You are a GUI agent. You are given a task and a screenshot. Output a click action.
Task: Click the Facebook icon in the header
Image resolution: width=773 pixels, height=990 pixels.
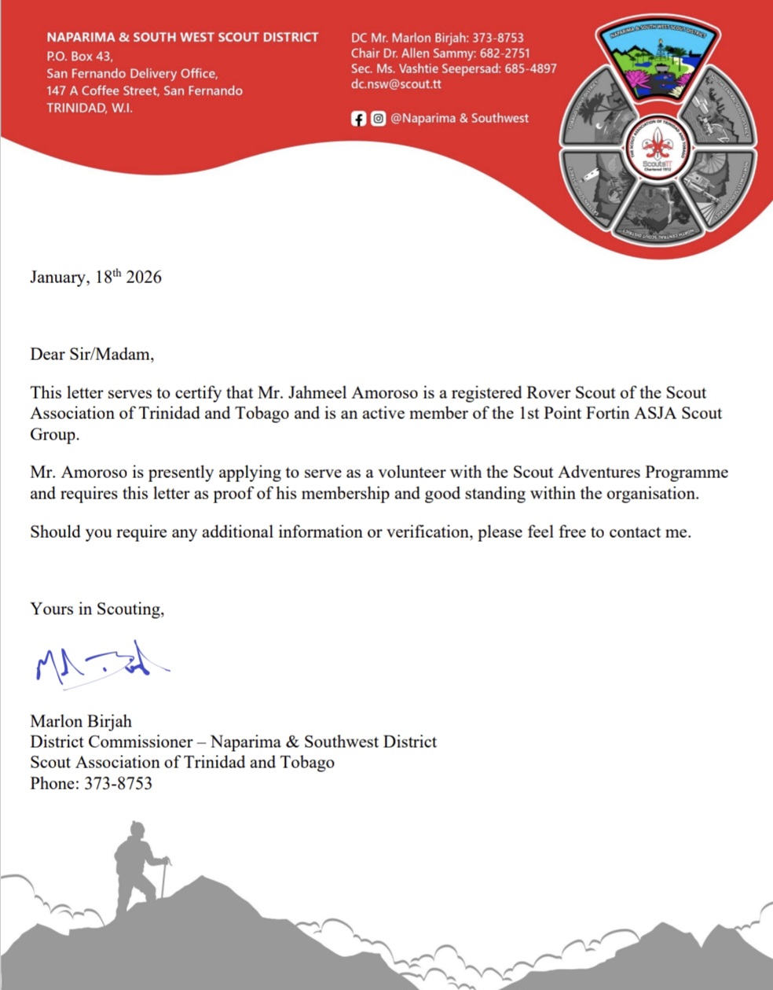pos(358,119)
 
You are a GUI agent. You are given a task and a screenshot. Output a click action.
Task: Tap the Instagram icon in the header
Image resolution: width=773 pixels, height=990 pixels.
pos(378,119)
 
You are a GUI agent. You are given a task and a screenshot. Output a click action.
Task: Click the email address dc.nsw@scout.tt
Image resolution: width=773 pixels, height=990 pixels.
pos(396,84)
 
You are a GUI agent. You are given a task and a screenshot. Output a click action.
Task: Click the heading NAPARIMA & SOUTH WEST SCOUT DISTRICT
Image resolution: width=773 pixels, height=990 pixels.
pos(182,37)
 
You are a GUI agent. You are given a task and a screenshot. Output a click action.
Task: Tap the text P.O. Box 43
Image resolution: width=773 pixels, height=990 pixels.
pos(79,56)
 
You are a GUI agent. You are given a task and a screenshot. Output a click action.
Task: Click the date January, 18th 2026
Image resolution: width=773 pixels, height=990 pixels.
pos(96,277)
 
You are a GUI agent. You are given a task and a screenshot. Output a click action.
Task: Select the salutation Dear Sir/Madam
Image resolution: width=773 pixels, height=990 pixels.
pos(92,354)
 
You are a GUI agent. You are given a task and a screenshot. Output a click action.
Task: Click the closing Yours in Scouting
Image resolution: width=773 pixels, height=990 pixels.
pos(97,609)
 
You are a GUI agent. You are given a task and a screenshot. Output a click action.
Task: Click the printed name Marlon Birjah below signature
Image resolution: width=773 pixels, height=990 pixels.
pos(81,721)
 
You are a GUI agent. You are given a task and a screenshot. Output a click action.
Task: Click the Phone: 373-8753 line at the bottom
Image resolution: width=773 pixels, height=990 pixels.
pos(91,783)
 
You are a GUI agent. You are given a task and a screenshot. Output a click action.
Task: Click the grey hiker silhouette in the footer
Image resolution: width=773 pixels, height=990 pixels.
pos(138,865)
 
